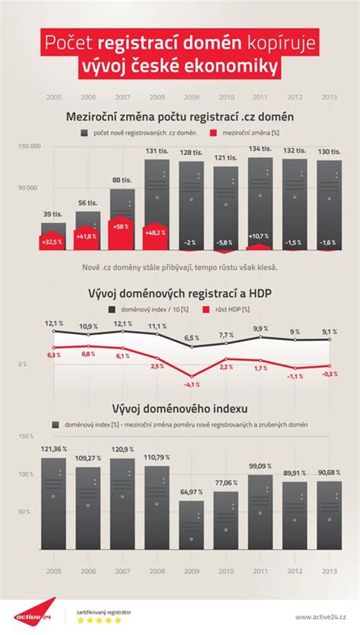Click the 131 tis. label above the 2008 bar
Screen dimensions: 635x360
[x=158, y=150]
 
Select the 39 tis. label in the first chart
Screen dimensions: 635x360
[x=53, y=213]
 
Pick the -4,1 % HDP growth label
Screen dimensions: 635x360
[x=191, y=384]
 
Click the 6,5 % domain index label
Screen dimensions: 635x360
[x=191, y=337]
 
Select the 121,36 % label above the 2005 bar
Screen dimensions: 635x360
[x=53, y=449]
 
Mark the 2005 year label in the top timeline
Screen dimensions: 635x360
[x=53, y=97]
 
